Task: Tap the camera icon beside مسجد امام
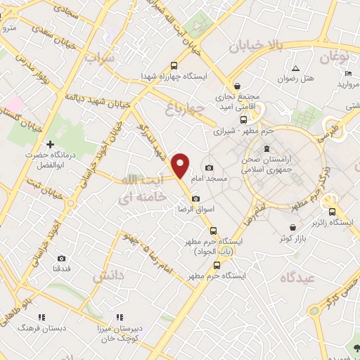[210, 167]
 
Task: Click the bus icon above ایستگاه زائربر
[332, 212]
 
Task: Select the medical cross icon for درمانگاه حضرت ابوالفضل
[49, 143]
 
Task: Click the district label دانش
[109, 276]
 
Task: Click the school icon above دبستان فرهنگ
[41, 317]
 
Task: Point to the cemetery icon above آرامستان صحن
[266, 148]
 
